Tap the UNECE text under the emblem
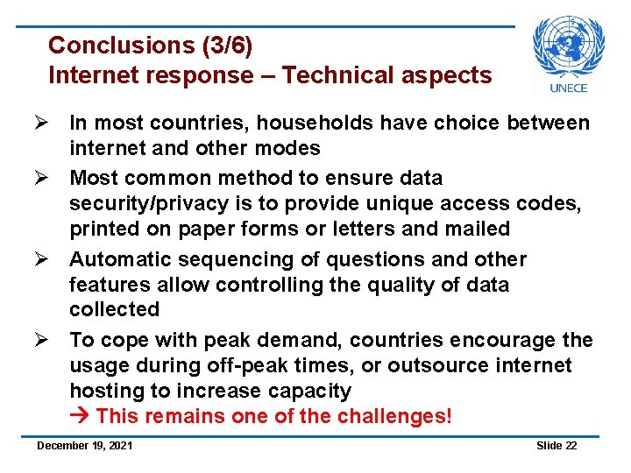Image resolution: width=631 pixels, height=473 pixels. pyautogui.click(x=569, y=87)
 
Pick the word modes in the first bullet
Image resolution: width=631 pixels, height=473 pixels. pyautogui.click(x=288, y=148)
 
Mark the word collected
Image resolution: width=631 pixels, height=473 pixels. pyautogui.click(x=115, y=310)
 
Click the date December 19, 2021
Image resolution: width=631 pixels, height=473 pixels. pyautogui.click(x=85, y=447)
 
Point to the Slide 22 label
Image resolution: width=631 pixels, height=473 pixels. pyautogui.click(x=557, y=447)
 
